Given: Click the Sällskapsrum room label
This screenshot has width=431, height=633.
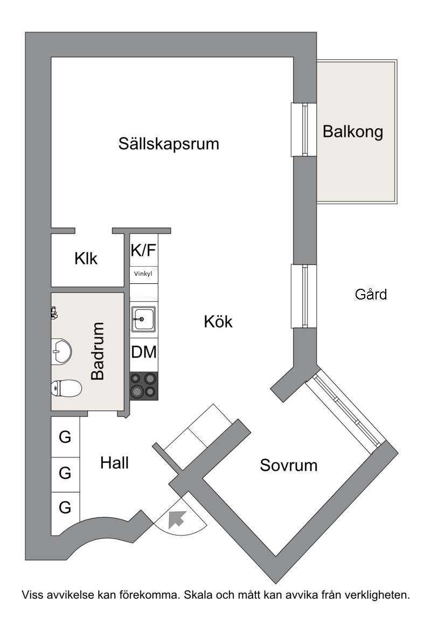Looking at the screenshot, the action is tap(169, 144).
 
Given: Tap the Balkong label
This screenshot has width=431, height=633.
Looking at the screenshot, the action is tap(353, 131).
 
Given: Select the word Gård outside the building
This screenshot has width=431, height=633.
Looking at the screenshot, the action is tap(371, 294).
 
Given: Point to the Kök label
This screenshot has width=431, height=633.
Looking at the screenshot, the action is tap(218, 322).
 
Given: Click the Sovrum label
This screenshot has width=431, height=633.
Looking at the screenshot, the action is tap(289, 465).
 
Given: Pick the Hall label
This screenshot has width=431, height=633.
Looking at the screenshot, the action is tap(115, 463).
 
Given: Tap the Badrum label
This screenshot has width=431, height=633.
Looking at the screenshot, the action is tap(98, 351).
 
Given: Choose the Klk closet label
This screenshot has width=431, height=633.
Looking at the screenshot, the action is tap(86, 259).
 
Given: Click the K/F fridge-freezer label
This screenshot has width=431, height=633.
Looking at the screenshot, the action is tap(144, 251).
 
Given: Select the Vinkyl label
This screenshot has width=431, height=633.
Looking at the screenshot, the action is tap(143, 274).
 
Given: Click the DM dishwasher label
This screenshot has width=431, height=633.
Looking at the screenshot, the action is tap(144, 352).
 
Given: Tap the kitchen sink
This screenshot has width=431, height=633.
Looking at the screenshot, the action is tap(143, 319).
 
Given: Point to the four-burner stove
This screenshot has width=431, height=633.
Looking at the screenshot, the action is tap(144, 386).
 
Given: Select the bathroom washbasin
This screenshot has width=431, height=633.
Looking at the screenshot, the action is tap(61, 350).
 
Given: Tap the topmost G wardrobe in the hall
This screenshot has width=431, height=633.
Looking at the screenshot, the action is tap(65, 437).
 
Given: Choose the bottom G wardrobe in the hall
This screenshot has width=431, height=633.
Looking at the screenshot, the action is tap(65, 507).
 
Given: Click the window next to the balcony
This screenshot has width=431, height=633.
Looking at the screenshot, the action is tap(304, 130).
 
